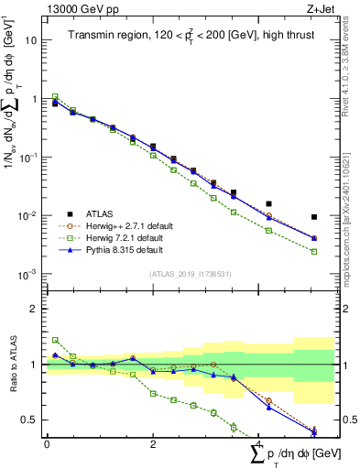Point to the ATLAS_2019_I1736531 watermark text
coord(190,274)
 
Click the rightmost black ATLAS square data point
coord(314,217)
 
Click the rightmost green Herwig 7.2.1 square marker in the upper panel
coord(314,251)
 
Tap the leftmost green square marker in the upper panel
coord(55,96)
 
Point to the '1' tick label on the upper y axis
coord(34,99)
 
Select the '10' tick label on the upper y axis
coord(31,40)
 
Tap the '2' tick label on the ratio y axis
coord(34,309)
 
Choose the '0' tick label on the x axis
coord(47,444)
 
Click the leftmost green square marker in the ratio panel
coord(55,340)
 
